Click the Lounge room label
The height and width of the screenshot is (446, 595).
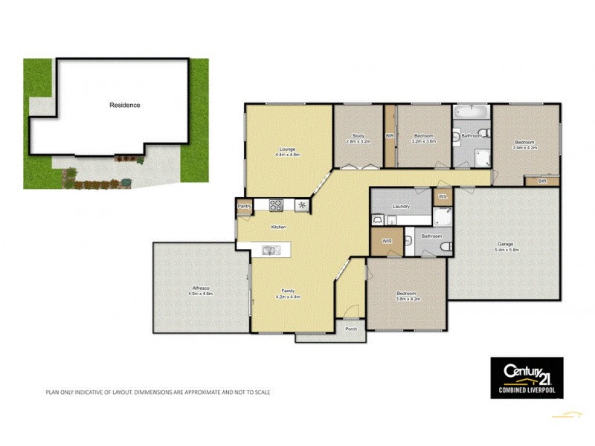[286, 152]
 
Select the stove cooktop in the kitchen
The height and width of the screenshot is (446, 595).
[276, 205]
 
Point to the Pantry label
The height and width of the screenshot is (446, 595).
[244, 206]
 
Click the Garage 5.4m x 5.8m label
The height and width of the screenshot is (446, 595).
[506, 247]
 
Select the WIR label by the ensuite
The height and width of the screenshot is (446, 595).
[387, 242]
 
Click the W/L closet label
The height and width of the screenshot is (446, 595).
[442, 196]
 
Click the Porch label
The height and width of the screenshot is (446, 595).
[350, 329]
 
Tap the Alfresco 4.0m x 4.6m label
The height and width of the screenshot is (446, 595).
[200, 291]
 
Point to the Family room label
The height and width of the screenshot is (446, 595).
[289, 294]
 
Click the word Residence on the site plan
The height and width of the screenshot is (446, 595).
[125, 105]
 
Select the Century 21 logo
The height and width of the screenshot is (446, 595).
[526, 377]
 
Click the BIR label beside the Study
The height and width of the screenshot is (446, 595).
[390, 136]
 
